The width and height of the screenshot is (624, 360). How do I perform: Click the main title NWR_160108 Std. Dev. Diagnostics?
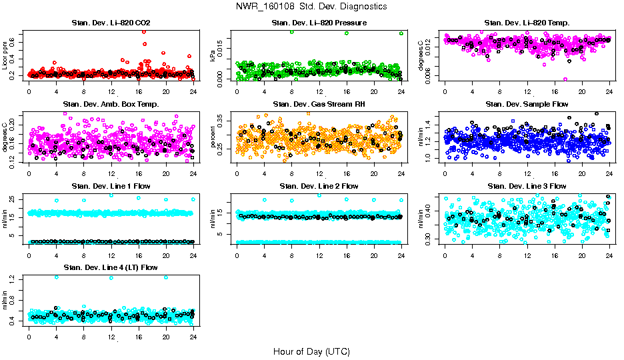pyautogui.click(x=311, y=6)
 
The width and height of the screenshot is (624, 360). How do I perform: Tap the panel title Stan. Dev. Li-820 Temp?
pyautogui.click(x=527, y=23)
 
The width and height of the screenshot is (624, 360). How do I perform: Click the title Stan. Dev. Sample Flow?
pyautogui.click(x=527, y=104)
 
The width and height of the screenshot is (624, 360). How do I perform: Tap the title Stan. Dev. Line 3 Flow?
pyautogui.click(x=527, y=185)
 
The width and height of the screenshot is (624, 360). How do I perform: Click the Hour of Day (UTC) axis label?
pyautogui.click(x=311, y=351)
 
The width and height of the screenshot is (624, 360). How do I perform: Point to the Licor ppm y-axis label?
pyautogui.click(x=5, y=56)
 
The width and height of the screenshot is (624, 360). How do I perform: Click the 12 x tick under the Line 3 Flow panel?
pyautogui.click(x=527, y=255)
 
